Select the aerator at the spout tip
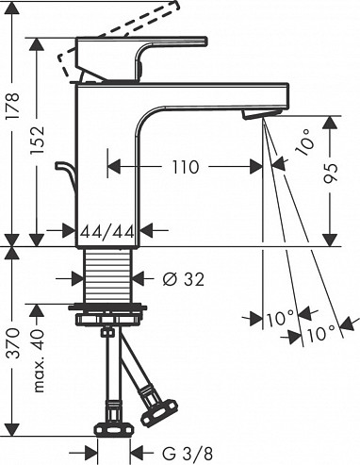click(259, 113)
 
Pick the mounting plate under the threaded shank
click(111, 309)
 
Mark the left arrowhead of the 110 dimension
click(112, 167)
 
